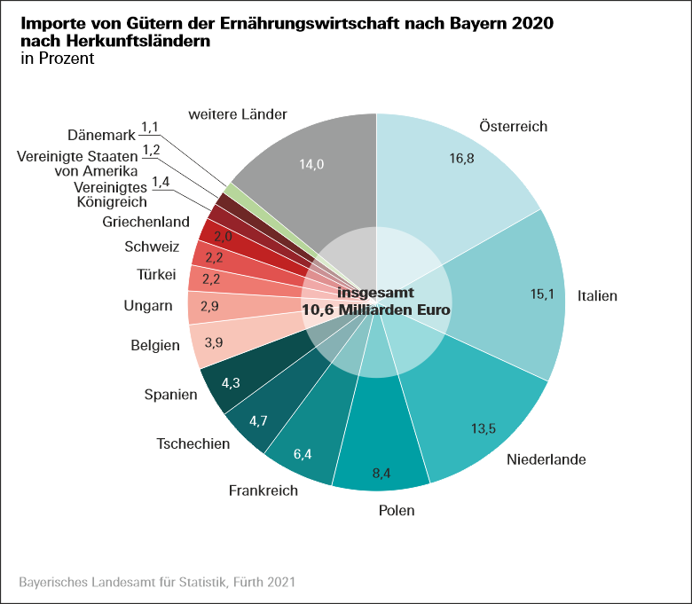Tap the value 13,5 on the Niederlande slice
click(483, 429)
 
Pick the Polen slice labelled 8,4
click(381, 452)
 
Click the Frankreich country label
click(263, 490)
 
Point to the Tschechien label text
click(193, 443)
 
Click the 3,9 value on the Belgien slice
click(214, 342)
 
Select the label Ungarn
click(147, 307)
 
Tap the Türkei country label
click(156, 275)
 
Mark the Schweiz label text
click(153, 247)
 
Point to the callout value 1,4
click(161, 182)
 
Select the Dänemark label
click(101, 136)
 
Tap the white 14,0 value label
click(312, 164)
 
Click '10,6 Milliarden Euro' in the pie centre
click(376, 310)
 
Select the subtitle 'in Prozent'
click(56, 59)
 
